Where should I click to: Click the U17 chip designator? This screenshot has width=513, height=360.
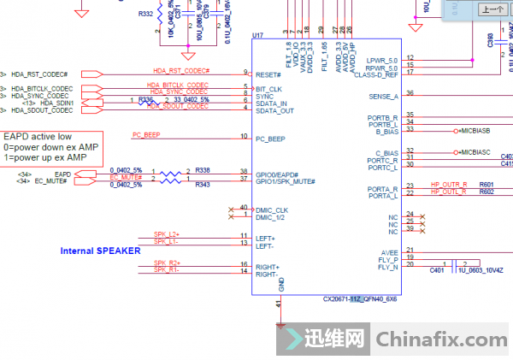[x=257, y=36]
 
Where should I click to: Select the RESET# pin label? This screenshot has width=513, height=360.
[x=269, y=74]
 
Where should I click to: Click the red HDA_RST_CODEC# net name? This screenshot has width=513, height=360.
[x=181, y=70]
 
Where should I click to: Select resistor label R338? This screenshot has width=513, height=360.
[x=203, y=170]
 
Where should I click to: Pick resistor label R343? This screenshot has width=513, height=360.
[x=203, y=185]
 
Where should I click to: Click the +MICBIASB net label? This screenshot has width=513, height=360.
[x=450, y=130]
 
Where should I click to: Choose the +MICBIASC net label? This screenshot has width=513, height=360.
[x=450, y=151]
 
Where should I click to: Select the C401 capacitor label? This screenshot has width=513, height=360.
[x=437, y=270]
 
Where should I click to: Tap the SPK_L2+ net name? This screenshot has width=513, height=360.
[x=167, y=233]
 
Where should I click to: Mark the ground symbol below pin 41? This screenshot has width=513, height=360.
[x=280, y=323]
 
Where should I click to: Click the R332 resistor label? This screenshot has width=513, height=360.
[x=145, y=14]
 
